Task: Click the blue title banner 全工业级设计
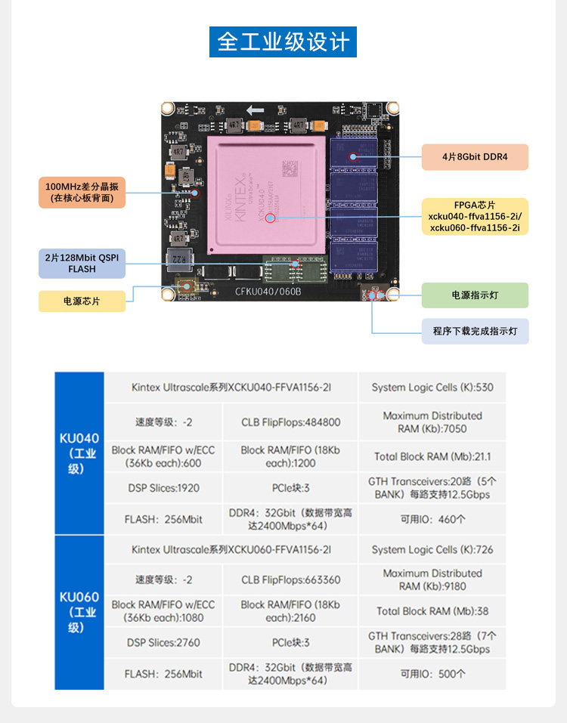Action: pyautogui.click(x=283, y=41)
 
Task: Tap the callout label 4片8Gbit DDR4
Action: pyautogui.click(x=475, y=157)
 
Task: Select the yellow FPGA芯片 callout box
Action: pyautogui.click(x=475, y=216)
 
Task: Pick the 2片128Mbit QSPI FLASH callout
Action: pyautogui.click(x=82, y=264)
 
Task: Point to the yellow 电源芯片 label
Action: pyautogui.click(x=82, y=301)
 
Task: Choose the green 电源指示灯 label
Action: pyautogui.click(x=475, y=295)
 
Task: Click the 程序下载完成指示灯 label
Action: pyautogui.click(x=475, y=331)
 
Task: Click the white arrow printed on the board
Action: pyautogui.click(x=255, y=111)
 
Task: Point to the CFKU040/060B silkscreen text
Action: pyautogui.click(x=268, y=292)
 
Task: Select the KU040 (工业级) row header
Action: pyautogui.click(x=79, y=453)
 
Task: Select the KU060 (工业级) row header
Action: pyautogui.click(x=79, y=612)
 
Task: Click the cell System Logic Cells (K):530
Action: pyautogui.click(x=432, y=388)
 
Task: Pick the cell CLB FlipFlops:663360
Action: pyautogui.click(x=290, y=579)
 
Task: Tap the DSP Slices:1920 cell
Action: pyautogui.click(x=163, y=488)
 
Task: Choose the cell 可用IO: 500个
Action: pyautogui.click(x=432, y=674)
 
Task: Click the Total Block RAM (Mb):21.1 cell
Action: pyautogui.click(x=432, y=456)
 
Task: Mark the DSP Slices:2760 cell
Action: pyautogui.click(x=163, y=642)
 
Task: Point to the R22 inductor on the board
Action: pyautogui.click(x=176, y=259)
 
